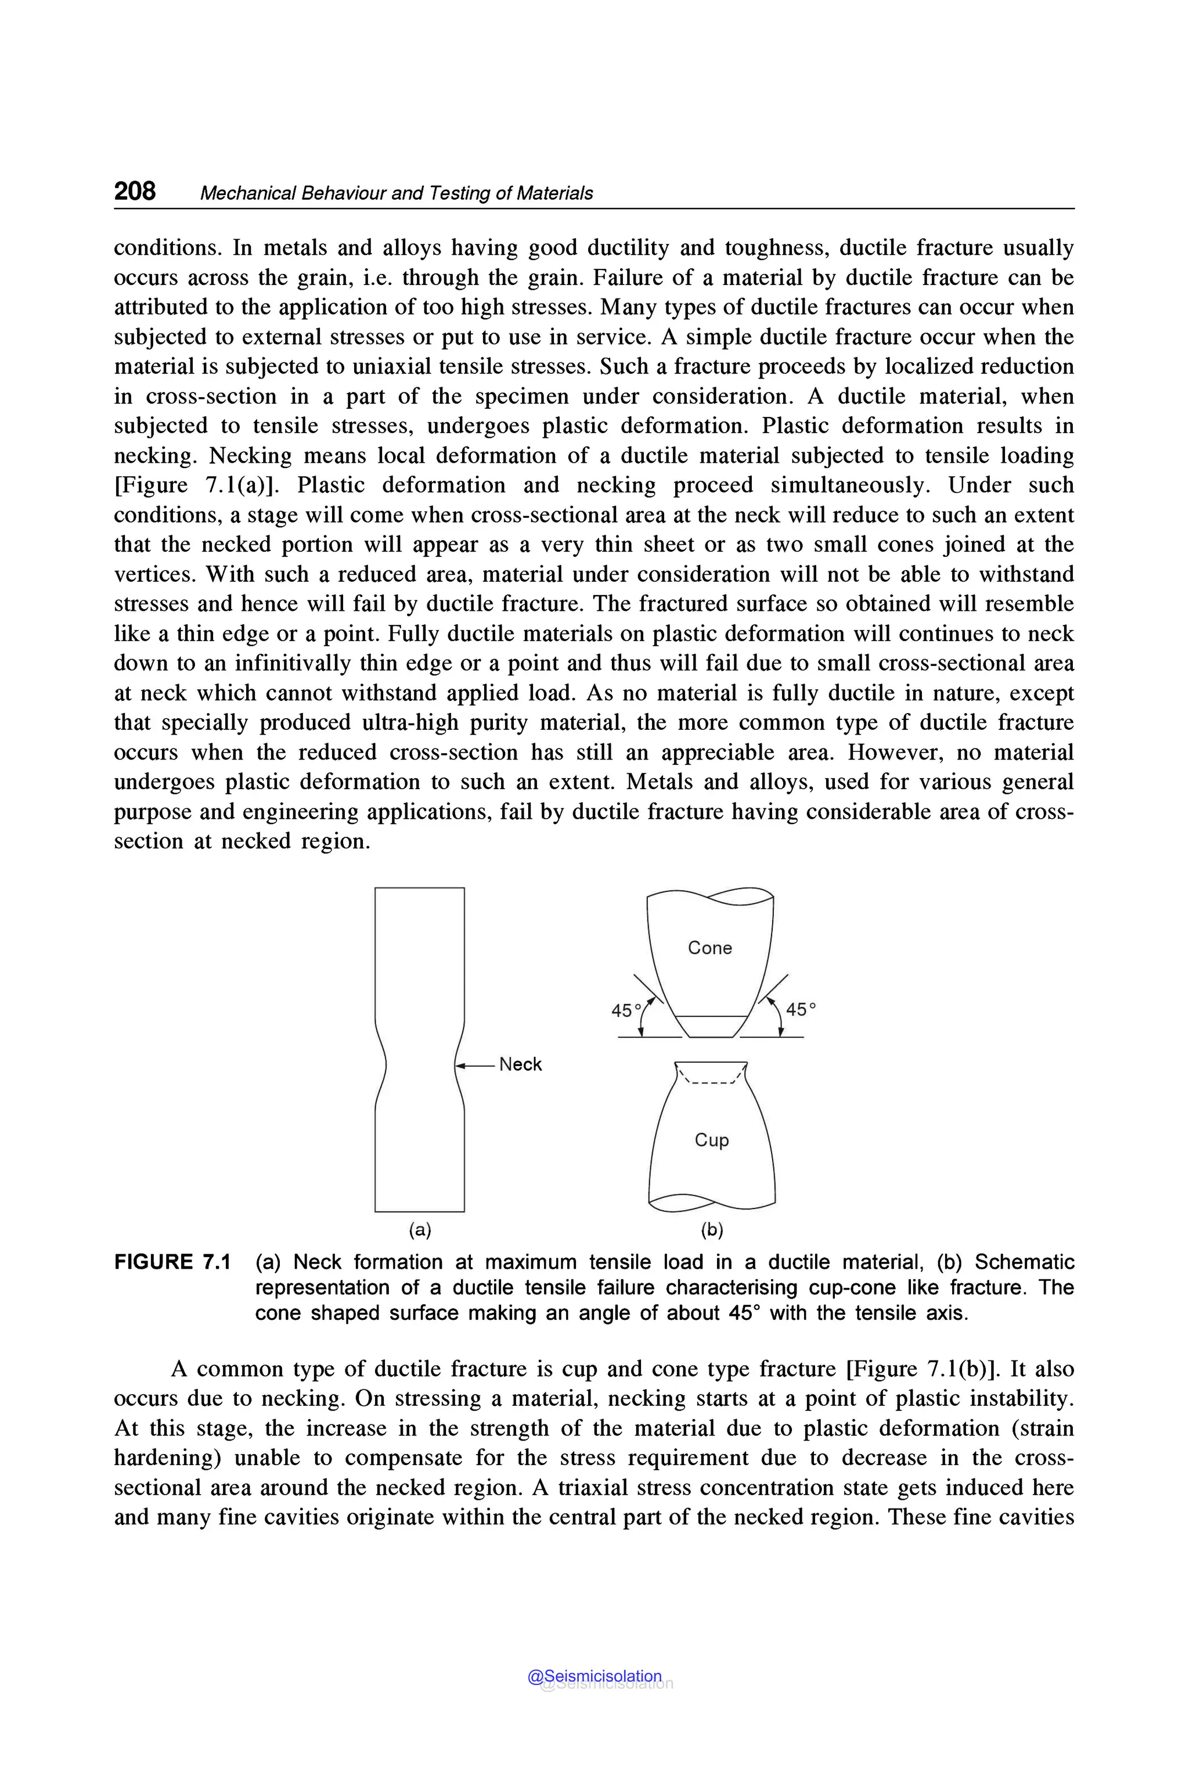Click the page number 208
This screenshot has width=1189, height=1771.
pos(135,190)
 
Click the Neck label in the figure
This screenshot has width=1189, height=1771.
pos(520,1064)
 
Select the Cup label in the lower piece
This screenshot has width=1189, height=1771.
pos(711,1139)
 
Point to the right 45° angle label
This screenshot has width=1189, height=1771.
pos(801,1010)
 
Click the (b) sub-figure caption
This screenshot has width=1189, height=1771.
pos(712,1229)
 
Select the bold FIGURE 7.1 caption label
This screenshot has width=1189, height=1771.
pos(172,1262)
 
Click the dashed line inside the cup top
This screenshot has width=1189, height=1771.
pos(711,1083)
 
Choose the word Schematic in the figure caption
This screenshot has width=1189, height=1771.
pos(1024,1262)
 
